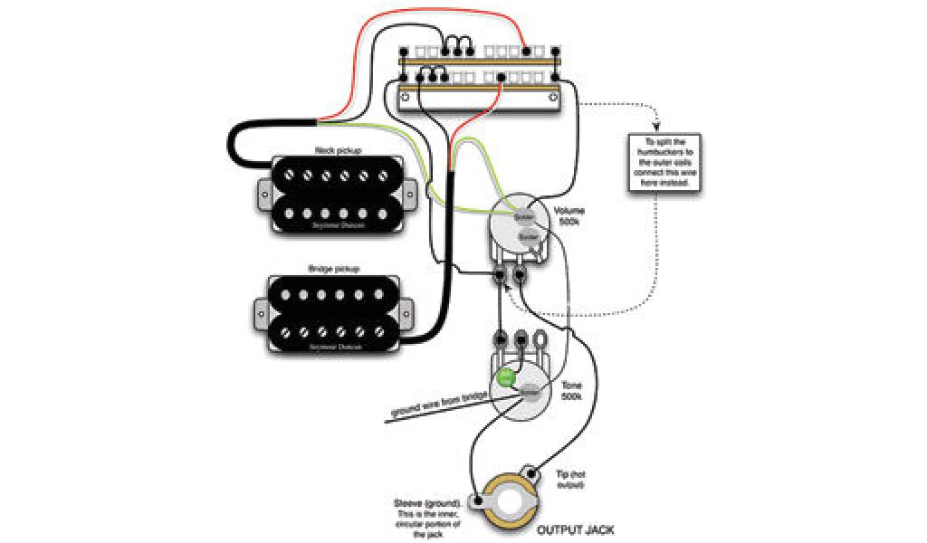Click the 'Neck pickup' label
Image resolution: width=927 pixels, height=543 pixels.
pyautogui.click(x=331, y=150)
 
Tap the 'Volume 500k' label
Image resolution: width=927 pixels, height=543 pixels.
pyautogui.click(x=569, y=215)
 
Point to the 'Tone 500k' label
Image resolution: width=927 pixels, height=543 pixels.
pyautogui.click(x=571, y=392)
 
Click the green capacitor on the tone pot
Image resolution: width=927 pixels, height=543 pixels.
pyautogui.click(x=507, y=376)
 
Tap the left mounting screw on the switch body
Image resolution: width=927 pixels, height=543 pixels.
pyautogui.click(x=406, y=96)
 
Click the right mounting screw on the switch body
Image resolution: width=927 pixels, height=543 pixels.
pyautogui.click(x=553, y=96)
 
